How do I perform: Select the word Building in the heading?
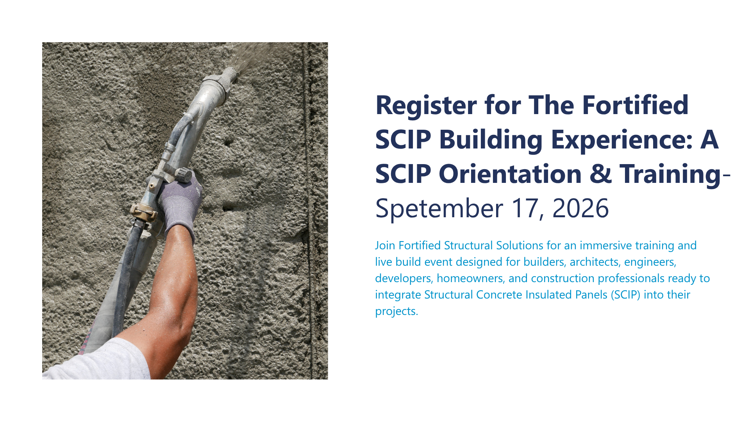[491, 140]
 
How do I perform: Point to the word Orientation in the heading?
[510, 174]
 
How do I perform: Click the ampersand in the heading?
[601, 174]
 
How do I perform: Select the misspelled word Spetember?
[439, 209]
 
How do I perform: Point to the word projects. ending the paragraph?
[396, 311]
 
